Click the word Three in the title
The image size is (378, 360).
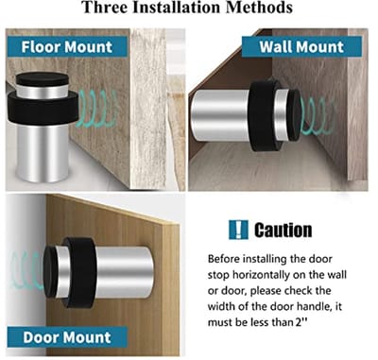[104, 7]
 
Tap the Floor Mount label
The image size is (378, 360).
[67, 46]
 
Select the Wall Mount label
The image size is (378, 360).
[301, 46]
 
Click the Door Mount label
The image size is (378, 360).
[67, 337]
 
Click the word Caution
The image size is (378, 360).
[283, 230]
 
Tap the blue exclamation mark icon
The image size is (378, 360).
[238, 230]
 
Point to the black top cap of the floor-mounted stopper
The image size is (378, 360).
[43, 79]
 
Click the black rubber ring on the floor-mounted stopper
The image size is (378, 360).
[43, 109]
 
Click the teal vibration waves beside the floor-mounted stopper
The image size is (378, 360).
[97, 109]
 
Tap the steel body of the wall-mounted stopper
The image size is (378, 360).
[220, 115]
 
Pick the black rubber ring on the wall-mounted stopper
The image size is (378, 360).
[264, 115]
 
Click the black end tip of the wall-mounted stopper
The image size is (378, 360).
[294, 115]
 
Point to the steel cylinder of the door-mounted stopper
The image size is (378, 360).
[124, 272]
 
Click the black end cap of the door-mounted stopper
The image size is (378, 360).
[50, 272]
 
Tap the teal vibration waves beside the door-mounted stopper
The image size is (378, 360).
[26, 271]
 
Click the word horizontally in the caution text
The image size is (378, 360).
[260, 275]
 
